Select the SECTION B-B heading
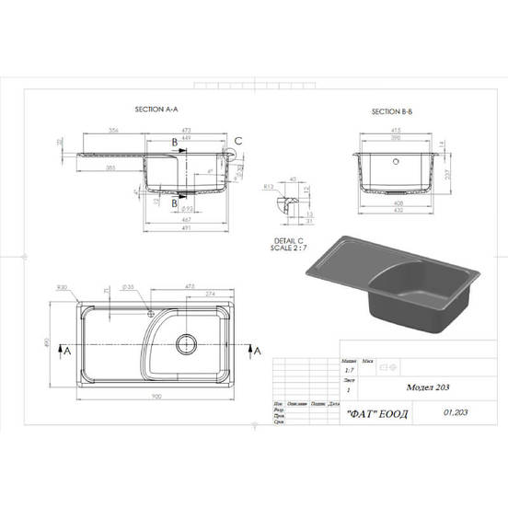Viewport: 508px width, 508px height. [391, 111]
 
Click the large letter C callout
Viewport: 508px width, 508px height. [238, 140]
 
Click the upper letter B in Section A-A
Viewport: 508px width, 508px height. [175, 142]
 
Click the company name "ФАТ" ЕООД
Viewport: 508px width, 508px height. [377, 412]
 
